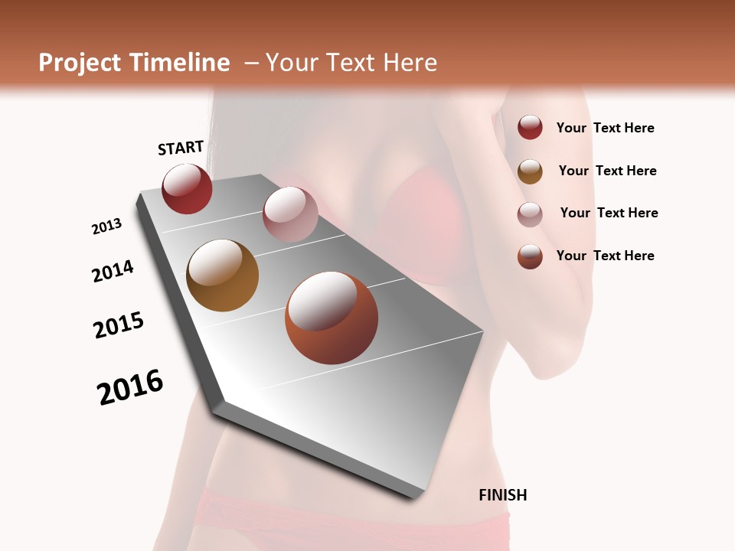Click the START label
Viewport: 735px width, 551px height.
(x=181, y=148)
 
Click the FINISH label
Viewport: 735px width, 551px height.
(x=503, y=495)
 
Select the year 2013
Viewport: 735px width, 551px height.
(x=107, y=227)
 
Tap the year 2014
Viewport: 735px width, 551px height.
(x=113, y=271)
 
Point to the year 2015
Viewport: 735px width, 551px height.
(x=119, y=325)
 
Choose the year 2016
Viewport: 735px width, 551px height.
(x=131, y=387)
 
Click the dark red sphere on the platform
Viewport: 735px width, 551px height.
(x=187, y=189)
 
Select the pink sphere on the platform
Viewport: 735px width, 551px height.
(x=290, y=214)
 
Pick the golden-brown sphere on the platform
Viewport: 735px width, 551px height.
(x=222, y=275)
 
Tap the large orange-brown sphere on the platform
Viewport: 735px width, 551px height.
(x=332, y=318)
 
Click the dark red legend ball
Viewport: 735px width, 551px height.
(x=530, y=128)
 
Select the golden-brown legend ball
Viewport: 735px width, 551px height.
(x=530, y=171)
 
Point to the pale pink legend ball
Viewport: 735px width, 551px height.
(x=530, y=214)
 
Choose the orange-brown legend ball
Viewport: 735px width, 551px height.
(x=530, y=256)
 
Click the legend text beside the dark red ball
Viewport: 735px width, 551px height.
(x=605, y=129)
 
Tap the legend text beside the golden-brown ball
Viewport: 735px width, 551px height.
(x=607, y=171)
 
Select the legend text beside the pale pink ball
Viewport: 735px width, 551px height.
(x=609, y=213)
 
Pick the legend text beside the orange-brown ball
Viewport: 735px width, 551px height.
(x=605, y=256)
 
